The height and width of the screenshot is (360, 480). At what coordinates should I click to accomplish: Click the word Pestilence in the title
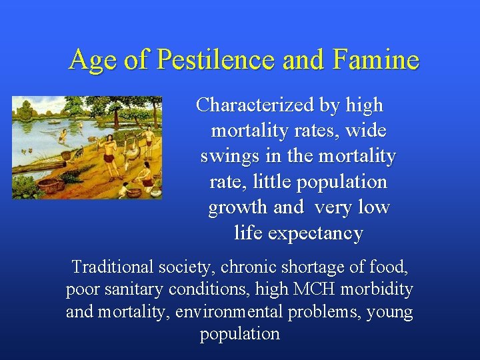215,60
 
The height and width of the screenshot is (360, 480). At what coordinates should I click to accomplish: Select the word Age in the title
93,60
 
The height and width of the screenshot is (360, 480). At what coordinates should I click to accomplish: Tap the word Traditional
113,267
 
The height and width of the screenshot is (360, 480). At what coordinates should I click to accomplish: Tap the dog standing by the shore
79,151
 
